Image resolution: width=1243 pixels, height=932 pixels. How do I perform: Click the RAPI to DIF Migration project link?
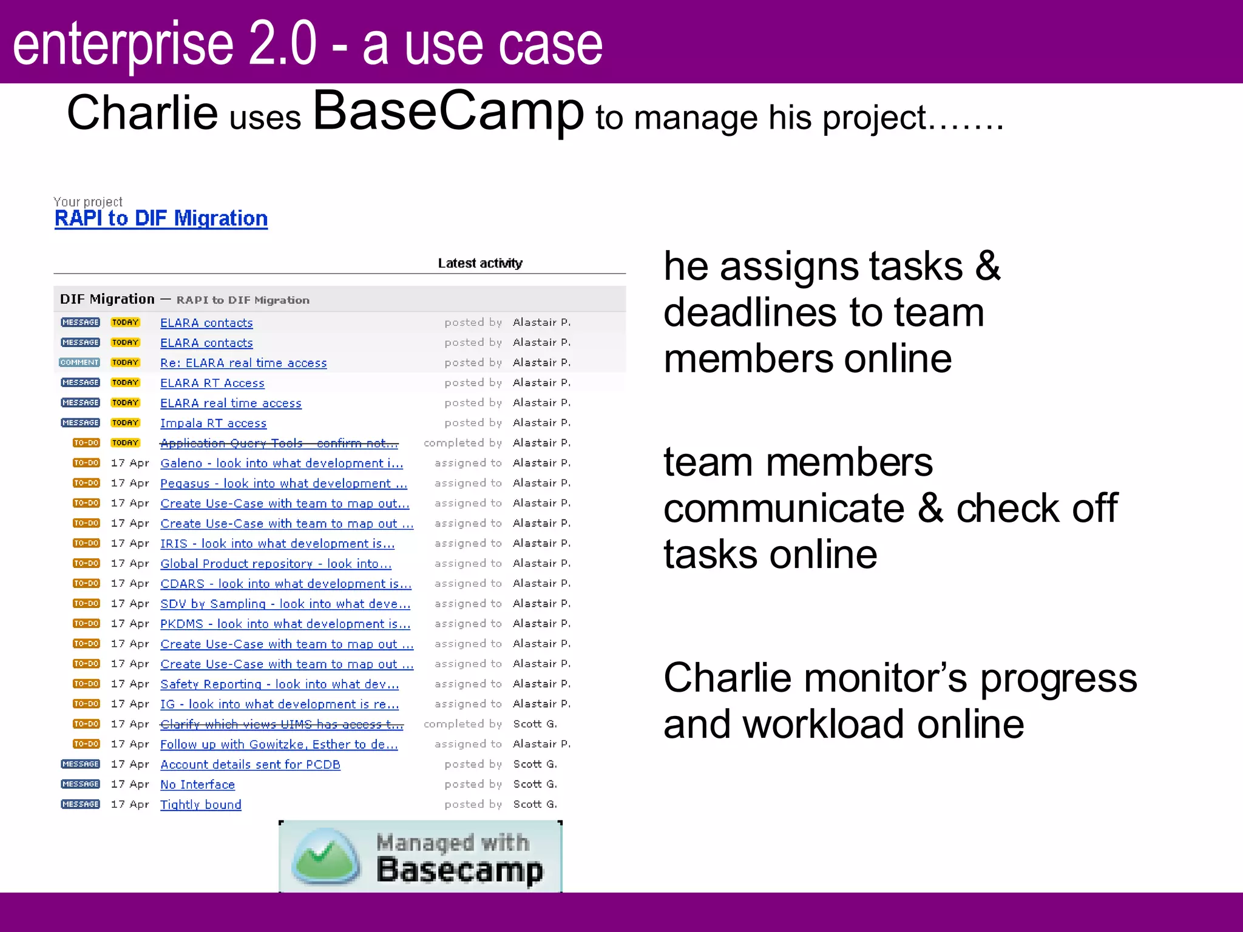[161, 218]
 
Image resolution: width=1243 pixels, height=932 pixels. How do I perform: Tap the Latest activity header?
[479, 263]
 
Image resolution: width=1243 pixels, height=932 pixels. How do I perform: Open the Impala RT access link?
[213, 423]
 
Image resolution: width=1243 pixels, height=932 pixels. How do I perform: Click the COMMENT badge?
[80, 362]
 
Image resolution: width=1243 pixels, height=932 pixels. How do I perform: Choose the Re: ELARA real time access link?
[243, 363]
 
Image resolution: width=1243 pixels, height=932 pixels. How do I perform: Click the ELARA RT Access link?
[212, 383]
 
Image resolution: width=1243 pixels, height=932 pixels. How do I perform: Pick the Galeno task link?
[281, 463]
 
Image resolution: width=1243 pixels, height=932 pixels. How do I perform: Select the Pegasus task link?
[283, 483]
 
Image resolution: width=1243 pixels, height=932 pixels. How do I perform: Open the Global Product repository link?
[276, 564]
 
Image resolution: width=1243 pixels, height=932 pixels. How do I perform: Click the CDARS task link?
[285, 584]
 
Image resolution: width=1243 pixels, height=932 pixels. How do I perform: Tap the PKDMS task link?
[285, 624]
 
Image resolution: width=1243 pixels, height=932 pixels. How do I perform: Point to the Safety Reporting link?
[279, 684]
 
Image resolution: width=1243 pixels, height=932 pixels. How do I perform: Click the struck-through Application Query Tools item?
[279, 443]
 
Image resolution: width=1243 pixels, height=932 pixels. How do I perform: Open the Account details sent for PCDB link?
[250, 765]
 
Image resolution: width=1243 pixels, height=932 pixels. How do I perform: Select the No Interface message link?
[197, 785]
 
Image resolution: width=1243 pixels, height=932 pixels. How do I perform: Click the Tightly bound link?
[200, 805]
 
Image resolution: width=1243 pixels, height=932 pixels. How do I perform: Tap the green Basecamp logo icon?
[326, 857]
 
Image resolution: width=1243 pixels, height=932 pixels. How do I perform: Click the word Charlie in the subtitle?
[142, 113]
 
